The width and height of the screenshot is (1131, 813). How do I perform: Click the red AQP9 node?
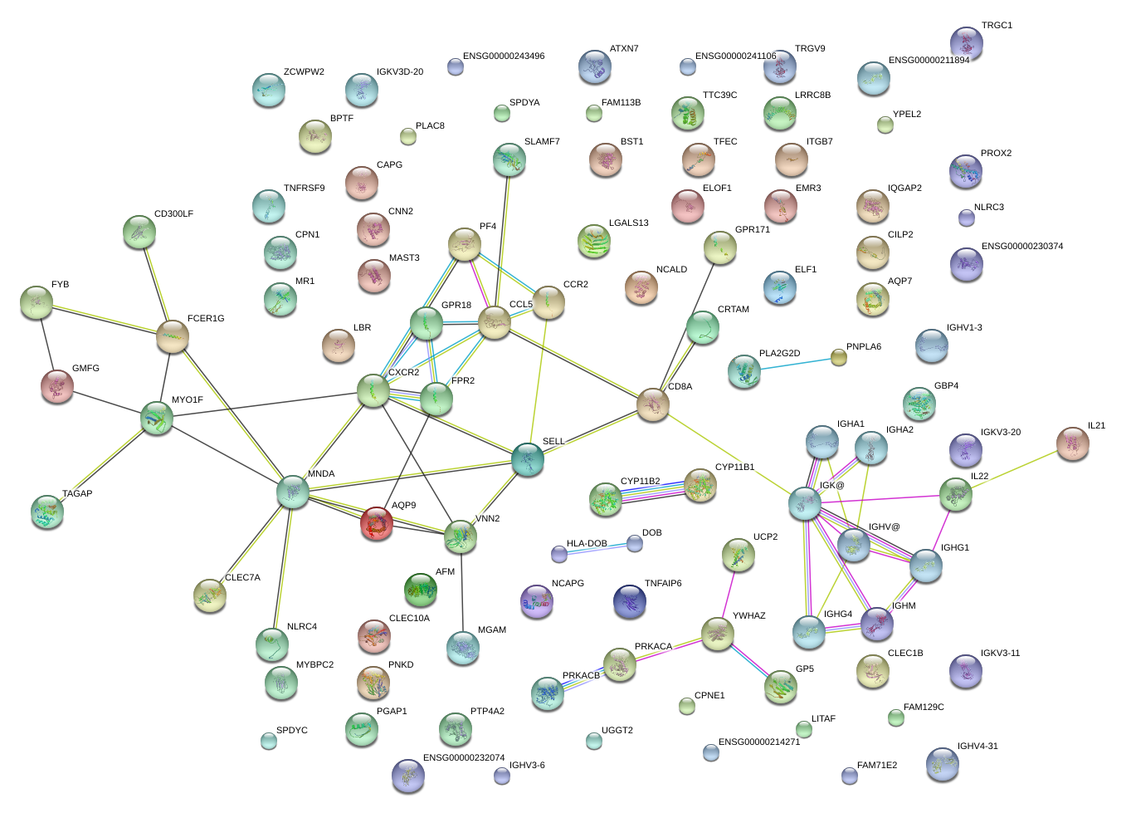(376, 524)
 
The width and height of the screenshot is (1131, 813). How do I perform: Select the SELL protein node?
(528, 459)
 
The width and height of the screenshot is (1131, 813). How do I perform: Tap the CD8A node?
(653, 404)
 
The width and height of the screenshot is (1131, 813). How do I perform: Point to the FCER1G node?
(172, 336)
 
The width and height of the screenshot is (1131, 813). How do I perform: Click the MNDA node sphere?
(292, 492)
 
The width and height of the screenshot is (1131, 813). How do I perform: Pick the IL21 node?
(1073, 443)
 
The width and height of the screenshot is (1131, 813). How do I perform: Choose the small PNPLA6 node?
(839, 357)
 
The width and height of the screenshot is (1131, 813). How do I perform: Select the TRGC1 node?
(966, 42)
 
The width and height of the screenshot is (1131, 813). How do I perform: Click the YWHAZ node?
(717, 634)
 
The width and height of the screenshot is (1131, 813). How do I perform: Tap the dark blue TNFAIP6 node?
(630, 601)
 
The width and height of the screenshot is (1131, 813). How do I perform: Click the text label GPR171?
(752, 230)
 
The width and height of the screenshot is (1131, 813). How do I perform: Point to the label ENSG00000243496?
(504, 56)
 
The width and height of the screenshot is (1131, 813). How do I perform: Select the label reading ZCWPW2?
(304, 72)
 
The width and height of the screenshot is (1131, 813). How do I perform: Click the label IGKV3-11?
(1000, 654)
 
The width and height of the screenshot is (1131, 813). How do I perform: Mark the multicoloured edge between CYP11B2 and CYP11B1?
(652, 491)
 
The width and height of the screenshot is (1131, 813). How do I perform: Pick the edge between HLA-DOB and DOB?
(597, 548)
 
